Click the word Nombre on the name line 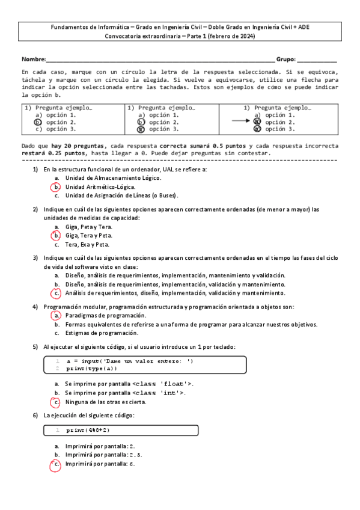[x=33, y=60]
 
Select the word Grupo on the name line [x=285, y=60]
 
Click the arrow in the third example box [x=241, y=121]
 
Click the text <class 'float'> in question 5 [x=162, y=384]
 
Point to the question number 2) [x=35, y=209]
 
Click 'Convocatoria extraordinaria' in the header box [x=141, y=37]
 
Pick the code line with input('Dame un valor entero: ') [x=129, y=361]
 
